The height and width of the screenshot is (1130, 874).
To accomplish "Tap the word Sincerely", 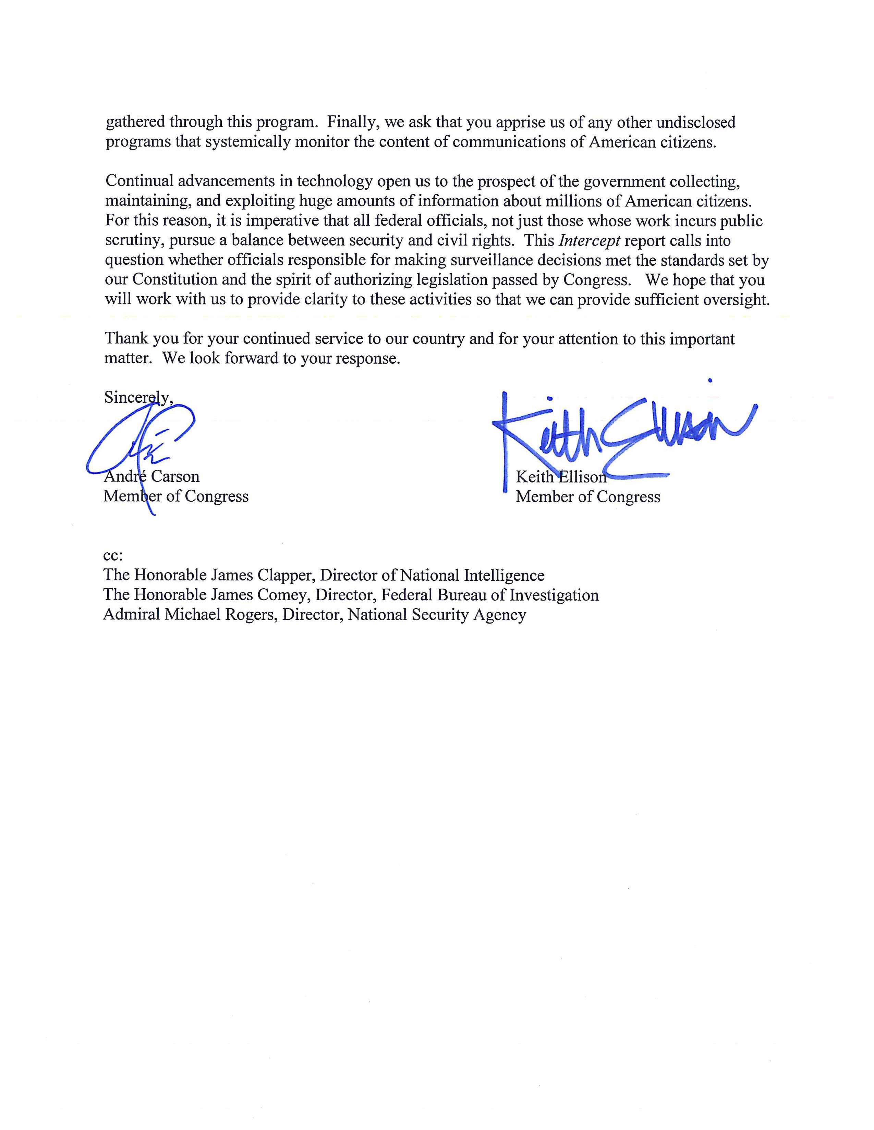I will [137, 397].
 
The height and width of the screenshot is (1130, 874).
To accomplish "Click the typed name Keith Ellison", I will [561, 477].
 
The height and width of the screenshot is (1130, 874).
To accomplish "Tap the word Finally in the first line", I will [352, 122].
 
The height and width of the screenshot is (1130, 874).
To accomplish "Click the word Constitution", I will [174, 279].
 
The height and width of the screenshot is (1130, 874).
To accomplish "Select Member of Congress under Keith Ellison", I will [588, 497].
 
